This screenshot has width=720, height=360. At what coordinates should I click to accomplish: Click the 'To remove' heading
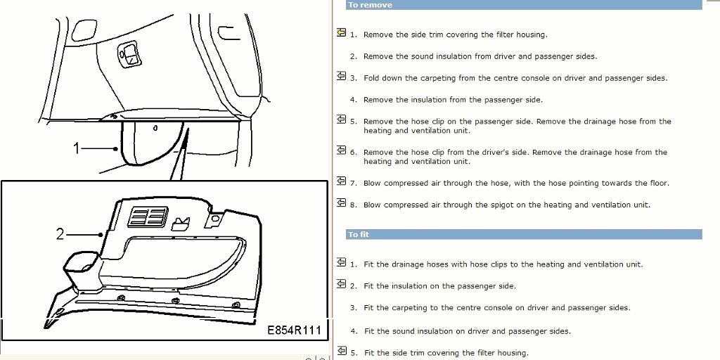[x=370, y=5]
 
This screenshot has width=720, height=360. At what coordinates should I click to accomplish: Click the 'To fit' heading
[x=359, y=235]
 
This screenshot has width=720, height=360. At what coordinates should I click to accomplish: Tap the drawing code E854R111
[x=295, y=330]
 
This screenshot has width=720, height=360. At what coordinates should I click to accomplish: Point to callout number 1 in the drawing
[x=77, y=148]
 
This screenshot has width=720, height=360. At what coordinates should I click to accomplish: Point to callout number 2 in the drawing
[x=60, y=234]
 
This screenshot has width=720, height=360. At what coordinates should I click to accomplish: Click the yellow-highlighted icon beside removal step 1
[x=341, y=32]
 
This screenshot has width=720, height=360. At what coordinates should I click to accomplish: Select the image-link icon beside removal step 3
[x=341, y=76]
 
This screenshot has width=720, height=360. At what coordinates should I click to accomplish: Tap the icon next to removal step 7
[x=341, y=181]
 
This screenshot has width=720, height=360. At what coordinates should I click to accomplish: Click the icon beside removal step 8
[x=341, y=202]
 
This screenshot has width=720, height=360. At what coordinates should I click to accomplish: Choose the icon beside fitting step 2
[x=341, y=284]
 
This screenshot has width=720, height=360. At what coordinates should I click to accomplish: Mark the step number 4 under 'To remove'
[x=353, y=100]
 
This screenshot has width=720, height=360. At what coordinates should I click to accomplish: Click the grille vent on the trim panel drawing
[x=148, y=217]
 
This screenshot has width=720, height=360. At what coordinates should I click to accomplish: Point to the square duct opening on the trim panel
[x=81, y=263]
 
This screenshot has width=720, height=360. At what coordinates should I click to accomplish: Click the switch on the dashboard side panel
[x=129, y=54]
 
